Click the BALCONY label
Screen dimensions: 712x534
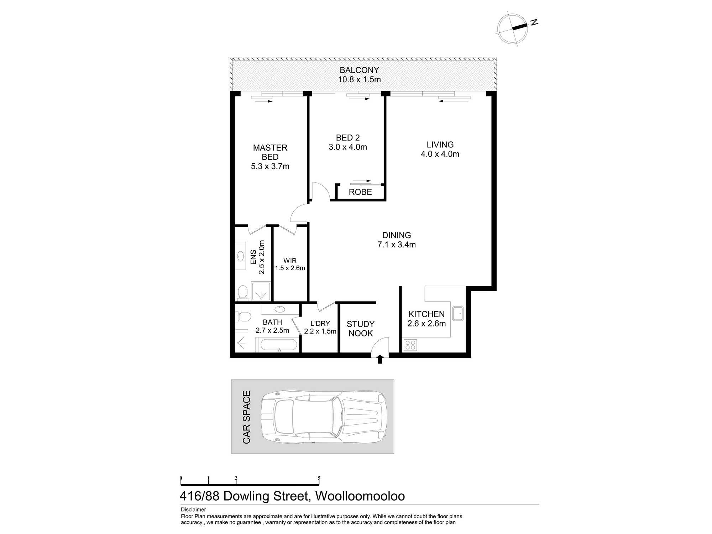click(359, 70)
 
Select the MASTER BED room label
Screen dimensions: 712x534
click(270, 152)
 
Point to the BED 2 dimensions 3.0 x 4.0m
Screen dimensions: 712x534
click(348, 147)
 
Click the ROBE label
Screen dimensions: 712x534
click(360, 192)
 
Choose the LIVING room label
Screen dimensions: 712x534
click(440, 145)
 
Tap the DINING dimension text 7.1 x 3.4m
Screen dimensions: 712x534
click(397, 245)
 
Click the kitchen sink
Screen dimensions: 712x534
click(458, 314)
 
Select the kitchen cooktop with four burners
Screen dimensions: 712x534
click(410, 345)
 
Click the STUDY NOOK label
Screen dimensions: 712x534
click(361, 329)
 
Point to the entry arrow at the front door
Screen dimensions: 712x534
click(380, 359)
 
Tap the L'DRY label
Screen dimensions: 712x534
click(320, 323)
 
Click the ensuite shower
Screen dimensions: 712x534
click(261, 292)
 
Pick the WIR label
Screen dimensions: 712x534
click(290, 261)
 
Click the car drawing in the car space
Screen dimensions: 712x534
click(324, 417)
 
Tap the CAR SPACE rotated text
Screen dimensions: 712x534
click(246, 417)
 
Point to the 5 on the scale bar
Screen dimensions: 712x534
click(319, 478)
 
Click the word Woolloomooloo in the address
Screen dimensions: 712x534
click(360, 496)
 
